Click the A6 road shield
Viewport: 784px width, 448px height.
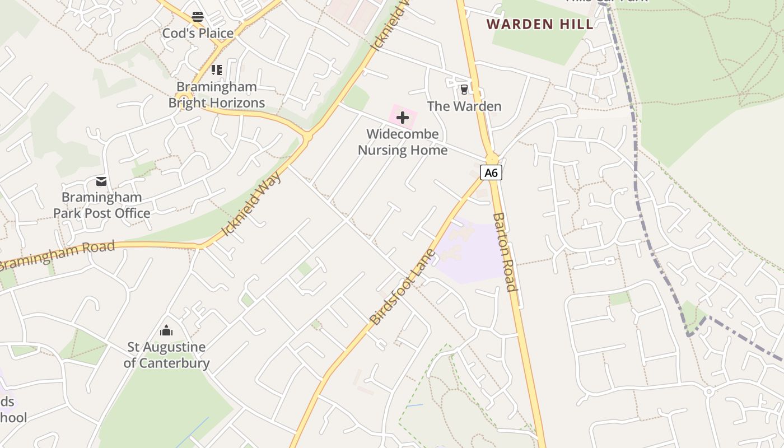click(491, 172)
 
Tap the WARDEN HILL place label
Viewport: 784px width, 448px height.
click(539, 24)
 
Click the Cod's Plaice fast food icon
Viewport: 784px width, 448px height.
click(197, 17)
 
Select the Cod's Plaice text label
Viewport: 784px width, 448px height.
click(198, 33)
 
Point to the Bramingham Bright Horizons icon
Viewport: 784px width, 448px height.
click(217, 70)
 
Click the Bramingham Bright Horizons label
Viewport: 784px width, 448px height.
click(217, 95)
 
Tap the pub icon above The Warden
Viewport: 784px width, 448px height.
click(464, 89)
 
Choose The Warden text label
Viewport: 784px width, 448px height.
click(464, 106)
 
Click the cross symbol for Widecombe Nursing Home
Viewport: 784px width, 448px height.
click(403, 118)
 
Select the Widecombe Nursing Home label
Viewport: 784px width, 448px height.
click(403, 142)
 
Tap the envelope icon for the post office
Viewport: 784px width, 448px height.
click(101, 181)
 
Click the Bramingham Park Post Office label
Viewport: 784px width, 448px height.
click(102, 205)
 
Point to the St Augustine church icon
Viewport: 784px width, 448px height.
click(166, 330)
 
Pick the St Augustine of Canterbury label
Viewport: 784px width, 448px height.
click(166, 355)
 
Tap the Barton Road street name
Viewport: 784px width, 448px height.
click(504, 252)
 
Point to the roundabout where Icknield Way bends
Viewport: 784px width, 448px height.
click(307, 136)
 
